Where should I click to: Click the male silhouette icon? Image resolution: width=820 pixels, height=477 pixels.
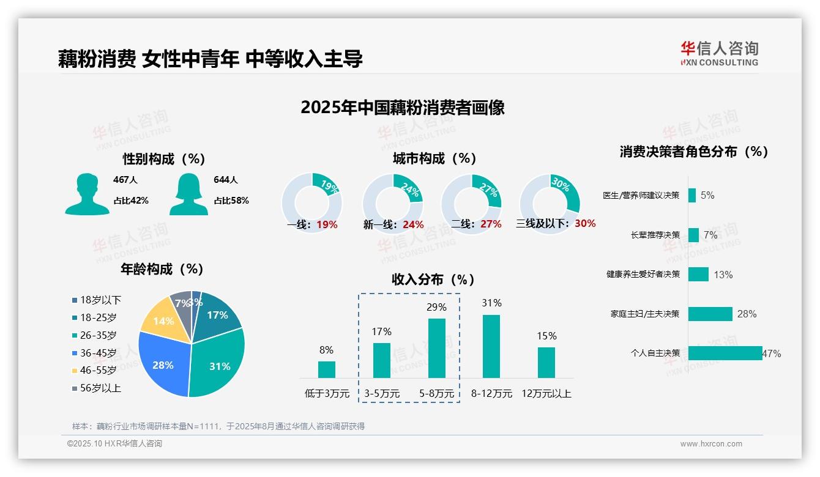coord(87,194)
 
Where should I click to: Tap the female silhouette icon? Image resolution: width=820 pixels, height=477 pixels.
coord(188,194)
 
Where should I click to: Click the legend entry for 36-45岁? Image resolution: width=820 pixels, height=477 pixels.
coord(98,353)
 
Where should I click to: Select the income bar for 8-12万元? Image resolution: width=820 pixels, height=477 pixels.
coord(491,346)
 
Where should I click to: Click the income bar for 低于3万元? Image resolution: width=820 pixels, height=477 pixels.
coord(327,369)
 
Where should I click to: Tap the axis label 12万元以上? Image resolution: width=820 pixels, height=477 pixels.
coord(546,394)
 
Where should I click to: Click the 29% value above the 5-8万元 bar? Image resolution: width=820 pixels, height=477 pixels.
coord(436,307)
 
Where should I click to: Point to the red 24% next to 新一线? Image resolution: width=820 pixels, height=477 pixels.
coord(413,224)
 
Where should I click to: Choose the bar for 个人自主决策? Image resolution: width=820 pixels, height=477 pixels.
coord(725,353)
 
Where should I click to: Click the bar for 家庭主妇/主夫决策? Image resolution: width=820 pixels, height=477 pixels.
coord(710,314)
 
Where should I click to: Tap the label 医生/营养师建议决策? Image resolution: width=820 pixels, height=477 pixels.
coord(641,196)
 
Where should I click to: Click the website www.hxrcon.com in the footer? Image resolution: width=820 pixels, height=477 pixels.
coord(711,444)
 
